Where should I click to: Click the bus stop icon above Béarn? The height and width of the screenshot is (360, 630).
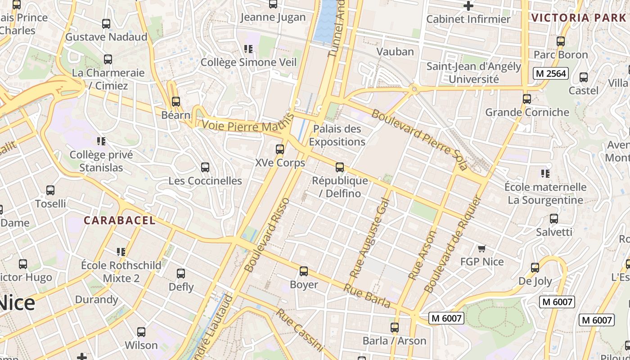pyautogui.click(x=176, y=102)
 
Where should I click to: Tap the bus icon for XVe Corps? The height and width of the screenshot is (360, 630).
pyautogui.click(x=280, y=149)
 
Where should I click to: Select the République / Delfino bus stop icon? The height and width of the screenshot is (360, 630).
pyautogui.click(x=340, y=167)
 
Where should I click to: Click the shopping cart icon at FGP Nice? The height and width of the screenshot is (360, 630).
pyautogui.click(x=482, y=248)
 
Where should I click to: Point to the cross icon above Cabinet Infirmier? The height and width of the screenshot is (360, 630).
pyautogui.click(x=468, y=6)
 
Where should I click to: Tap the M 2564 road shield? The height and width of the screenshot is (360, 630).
pyautogui.click(x=551, y=73)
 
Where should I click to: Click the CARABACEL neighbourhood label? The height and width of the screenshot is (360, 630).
pyautogui.click(x=120, y=220)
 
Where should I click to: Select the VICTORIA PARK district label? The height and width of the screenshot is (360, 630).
pyautogui.click(x=578, y=18)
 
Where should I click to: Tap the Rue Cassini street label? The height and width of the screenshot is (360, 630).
pyautogui.click(x=300, y=330)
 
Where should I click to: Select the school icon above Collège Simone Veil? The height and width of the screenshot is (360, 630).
pyautogui.click(x=248, y=49)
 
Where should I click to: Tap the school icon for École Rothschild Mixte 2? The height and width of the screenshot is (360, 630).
pyautogui.click(x=121, y=252)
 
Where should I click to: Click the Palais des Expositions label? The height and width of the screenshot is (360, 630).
pyautogui.click(x=337, y=135)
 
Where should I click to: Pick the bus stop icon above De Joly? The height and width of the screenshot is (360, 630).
pyautogui.click(x=535, y=268)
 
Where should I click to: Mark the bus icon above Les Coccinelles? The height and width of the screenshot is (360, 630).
pyautogui.click(x=205, y=167)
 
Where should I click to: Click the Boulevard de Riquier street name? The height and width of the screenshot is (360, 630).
pyautogui.click(x=453, y=243)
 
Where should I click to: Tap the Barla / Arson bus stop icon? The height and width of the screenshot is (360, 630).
pyautogui.click(x=395, y=328)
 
